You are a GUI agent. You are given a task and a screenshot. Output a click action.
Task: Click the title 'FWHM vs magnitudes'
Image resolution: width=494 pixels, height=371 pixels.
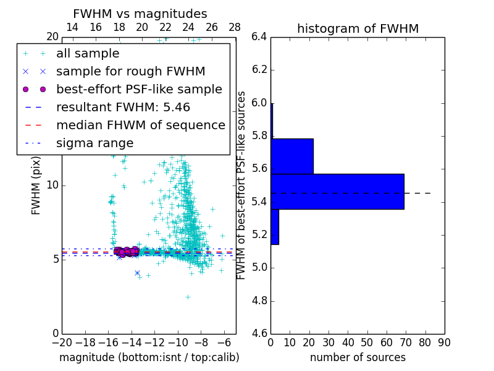pyautogui.click(x=140, y=14)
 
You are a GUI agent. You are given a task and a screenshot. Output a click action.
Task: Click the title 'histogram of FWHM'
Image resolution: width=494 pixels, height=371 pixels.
pyautogui.click(x=358, y=28)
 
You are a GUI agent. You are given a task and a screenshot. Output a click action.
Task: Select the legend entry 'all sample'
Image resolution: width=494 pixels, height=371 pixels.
pyautogui.click(x=88, y=54)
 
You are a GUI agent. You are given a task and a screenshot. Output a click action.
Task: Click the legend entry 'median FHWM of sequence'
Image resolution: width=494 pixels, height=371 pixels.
pyautogui.click(x=140, y=125)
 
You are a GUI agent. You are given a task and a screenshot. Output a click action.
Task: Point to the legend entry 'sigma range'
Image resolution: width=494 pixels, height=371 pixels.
pyautogui.click(x=94, y=143)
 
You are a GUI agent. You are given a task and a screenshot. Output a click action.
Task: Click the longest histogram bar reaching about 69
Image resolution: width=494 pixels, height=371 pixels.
pyautogui.click(x=337, y=192)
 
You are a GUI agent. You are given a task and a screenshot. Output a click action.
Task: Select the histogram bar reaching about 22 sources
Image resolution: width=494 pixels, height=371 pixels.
pyautogui.click(x=292, y=156)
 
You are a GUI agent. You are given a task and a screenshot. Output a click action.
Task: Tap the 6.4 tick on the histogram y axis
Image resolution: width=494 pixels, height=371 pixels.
pyautogui.click(x=259, y=36)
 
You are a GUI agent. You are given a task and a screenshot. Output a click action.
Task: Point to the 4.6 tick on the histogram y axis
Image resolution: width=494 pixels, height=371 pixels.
pyautogui.click(x=259, y=334)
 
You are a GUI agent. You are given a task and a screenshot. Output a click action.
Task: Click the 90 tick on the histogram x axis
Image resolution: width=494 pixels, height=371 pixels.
pyautogui.click(x=444, y=341)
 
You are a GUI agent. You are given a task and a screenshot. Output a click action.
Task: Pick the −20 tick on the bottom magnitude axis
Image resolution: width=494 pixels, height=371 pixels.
pyautogui.click(x=62, y=341)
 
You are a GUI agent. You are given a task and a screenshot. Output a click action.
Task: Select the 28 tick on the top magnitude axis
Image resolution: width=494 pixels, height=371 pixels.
pyautogui.click(x=235, y=28)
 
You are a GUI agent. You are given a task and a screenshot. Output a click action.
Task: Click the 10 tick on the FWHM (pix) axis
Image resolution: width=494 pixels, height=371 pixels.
pyautogui.click(x=53, y=185)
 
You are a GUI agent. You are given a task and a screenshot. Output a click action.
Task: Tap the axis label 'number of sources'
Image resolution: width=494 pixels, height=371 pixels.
pyautogui.click(x=358, y=357)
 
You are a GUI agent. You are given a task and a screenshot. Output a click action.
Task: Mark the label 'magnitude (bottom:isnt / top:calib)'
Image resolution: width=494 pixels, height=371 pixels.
pyautogui.click(x=149, y=357)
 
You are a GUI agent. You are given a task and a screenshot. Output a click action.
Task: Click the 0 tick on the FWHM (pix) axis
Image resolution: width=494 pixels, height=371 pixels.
pyautogui.click(x=56, y=333)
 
